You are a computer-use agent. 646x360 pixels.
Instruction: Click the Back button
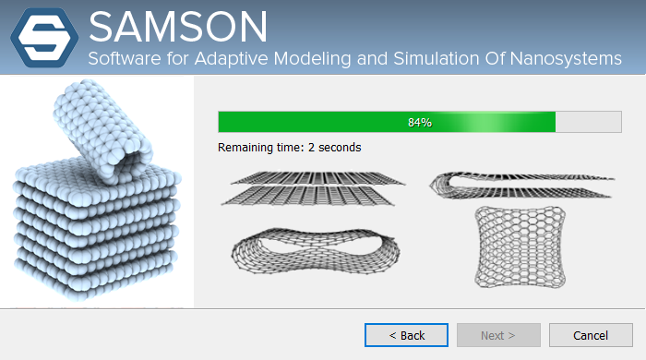click(406, 334)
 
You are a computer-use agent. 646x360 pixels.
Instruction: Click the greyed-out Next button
click(498, 334)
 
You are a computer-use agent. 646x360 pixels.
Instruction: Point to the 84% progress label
click(420, 122)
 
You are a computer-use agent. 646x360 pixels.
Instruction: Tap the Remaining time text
click(290, 147)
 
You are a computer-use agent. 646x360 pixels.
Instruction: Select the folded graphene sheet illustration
click(520, 184)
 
